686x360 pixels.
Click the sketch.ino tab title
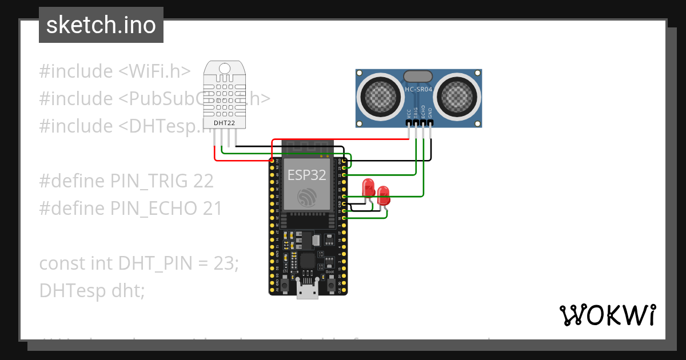point(101,25)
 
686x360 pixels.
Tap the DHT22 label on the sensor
point(222,122)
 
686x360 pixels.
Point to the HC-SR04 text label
point(418,90)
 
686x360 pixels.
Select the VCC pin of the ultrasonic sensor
point(409,122)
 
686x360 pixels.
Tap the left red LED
point(368,188)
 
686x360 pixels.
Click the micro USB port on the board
point(308,291)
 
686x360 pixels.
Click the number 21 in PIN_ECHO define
point(212,209)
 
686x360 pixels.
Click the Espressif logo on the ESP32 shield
point(306,197)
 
